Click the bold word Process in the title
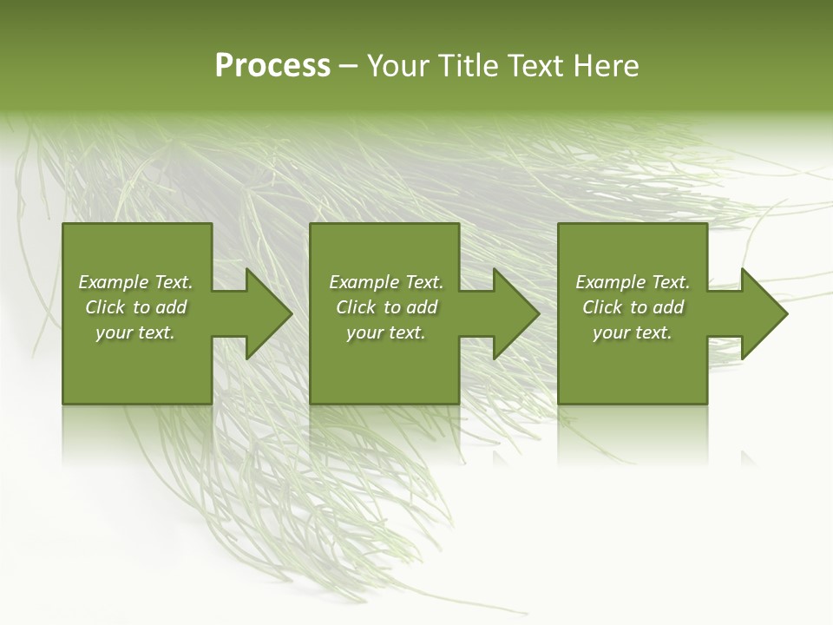(x=272, y=66)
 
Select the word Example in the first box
(x=114, y=282)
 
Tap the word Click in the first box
(x=105, y=307)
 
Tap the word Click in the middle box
(x=356, y=307)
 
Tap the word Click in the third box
(x=602, y=307)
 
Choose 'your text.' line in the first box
(x=135, y=332)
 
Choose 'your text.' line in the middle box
(x=386, y=332)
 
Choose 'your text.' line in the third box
(x=633, y=332)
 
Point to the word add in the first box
(x=171, y=307)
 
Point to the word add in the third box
(x=668, y=307)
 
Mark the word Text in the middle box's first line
(x=423, y=282)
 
